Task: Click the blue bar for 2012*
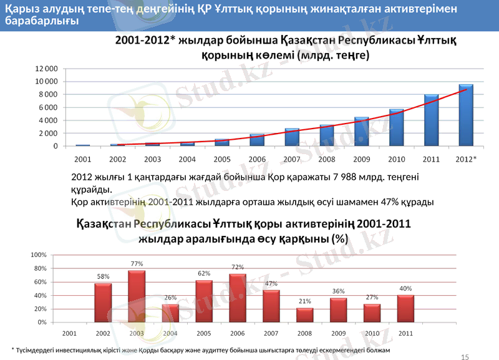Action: pos(466,115)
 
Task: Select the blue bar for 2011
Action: pos(431,120)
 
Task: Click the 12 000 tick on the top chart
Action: pos(46,68)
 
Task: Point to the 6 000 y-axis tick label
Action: pos(48,107)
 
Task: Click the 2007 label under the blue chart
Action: pos(292,159)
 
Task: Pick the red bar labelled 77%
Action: pos(137,296)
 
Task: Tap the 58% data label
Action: pos(103,276)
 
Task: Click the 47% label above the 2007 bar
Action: pos(271,283)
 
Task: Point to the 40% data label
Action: pos(405,288)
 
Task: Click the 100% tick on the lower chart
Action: pos(39,255)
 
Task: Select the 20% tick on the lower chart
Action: pos(41,309)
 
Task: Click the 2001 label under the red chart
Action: pos(69,333)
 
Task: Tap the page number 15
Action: pos(463,356)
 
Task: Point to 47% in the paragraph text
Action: pos(390,202)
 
